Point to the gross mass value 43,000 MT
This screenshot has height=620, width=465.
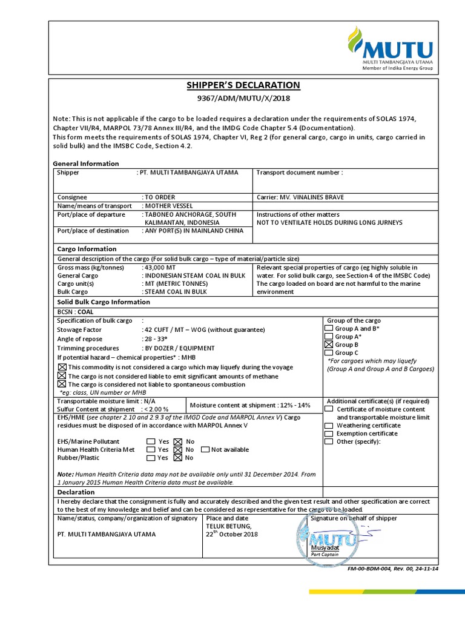[160, 268]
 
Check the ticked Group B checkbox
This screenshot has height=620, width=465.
[329, 345]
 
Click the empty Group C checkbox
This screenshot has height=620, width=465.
[329, 352]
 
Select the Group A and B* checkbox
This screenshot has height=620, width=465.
[329, 328]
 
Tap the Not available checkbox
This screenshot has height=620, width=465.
[205, 450]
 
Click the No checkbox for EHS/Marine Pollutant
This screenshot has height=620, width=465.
[177, 442]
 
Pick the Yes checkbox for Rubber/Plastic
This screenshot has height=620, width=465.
[150, 458]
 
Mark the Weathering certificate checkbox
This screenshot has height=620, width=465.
[329, 426]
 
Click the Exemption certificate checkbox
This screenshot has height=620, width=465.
[329, 434]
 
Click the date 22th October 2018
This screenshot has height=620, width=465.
[232, 534]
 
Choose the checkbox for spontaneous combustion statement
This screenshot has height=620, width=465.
[62, 384]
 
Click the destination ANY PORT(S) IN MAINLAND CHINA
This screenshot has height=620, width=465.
[193, 231]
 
